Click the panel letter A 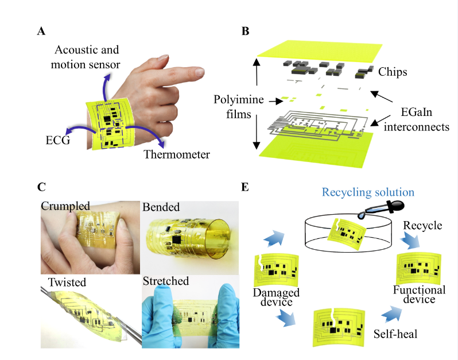point(41,31)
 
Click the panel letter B point(246,31)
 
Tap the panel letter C point(41,187)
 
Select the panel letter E point(245,187)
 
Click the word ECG point(58,140)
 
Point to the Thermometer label point(177,154)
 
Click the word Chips point(393,72)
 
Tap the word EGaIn point(416,112)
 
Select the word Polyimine point(239,100)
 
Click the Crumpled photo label point(65,206)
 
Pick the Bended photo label point(161,207)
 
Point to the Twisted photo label point(67,282)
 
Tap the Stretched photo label point(166,281)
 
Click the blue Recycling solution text point(368,192)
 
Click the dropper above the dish point(381,210)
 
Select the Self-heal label point(395,334)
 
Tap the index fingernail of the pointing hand point(200,72)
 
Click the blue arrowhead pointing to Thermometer point(161,144)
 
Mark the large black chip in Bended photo point(177,240)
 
